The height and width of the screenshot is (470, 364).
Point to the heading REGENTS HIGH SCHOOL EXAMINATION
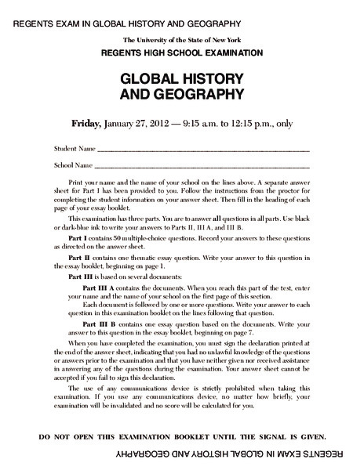pyautogui.click(x=181, y=52)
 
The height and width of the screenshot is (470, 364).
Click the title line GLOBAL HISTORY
pyautogui.click(x=181, y=80)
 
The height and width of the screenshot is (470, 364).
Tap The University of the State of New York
pyautogui.click(x=181, y=39)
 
